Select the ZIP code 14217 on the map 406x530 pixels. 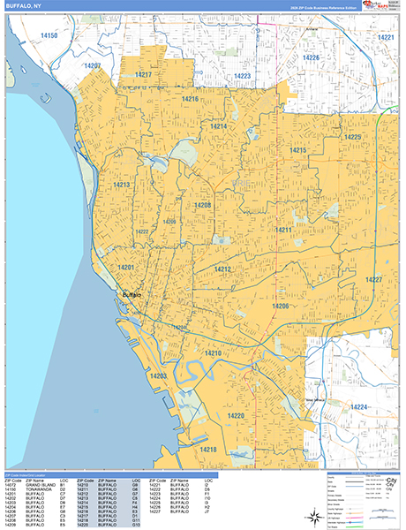pyautogui.click(x=143, y=75)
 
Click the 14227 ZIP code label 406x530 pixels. pyautogui.click(x=374, y=280)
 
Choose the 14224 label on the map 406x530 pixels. pyautogui.click(x=357, y=407)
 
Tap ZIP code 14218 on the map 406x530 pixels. pyautogui.click(x=207, y=450)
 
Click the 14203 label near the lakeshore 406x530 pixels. pyautogui.click(x=158, y=376)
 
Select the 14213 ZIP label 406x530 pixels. pyautogui.click(x=122, y=185)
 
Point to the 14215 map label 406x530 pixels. pyautogui.click(x=297, y=152)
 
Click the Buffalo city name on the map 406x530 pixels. pyautogui.click(x=130, y=294)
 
